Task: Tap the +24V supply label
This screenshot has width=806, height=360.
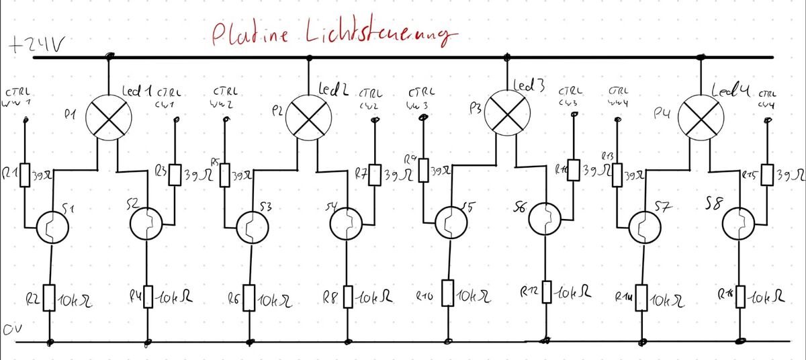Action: tap(37, 46)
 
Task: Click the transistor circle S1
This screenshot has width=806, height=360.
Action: tap(52, 226)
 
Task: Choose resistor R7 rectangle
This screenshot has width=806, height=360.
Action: tap(375, 176)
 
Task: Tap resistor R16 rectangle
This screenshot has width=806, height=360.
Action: tap(741, 296)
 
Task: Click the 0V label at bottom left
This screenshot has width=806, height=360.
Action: tap(11, 329)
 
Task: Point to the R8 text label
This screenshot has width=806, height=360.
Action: tap(327, 296)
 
